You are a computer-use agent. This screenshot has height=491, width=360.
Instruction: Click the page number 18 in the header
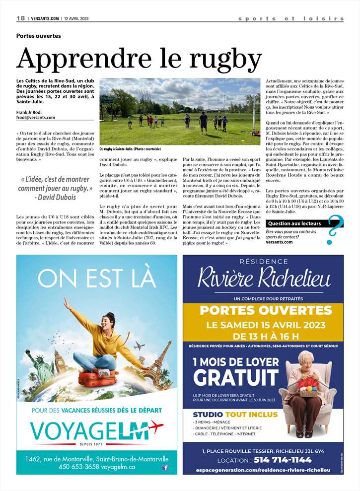pyautogui.click(x=20, y=18)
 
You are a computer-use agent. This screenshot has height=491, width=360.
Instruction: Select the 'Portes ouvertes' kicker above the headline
pyautogui.click(x=38, y=36)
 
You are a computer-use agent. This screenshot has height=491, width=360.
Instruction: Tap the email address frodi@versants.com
pyautogui.click(x=36, y=118)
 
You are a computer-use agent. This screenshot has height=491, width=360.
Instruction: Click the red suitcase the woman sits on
pyautogui.click(x=96, y=378)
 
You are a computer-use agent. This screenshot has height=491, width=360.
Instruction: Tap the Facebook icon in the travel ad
pyautogui.click(x=165, y=467)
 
